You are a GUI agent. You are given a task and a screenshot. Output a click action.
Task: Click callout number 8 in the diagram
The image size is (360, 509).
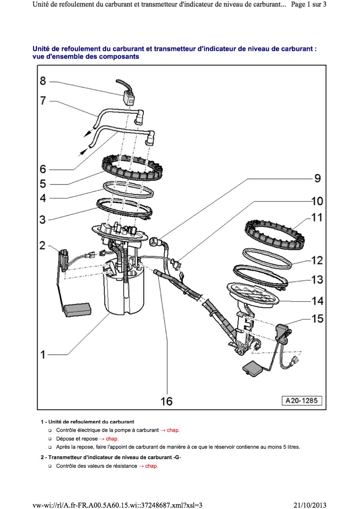tap(43, 81)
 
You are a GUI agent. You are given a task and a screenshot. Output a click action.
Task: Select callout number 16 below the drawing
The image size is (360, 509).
tap(166, 401)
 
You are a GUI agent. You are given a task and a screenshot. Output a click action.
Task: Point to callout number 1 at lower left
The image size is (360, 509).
tap(43, 354)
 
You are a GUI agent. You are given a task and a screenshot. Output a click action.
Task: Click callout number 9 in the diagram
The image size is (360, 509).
tap(317, 179)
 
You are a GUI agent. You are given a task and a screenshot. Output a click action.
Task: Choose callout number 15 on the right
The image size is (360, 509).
tap(317, 319)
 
